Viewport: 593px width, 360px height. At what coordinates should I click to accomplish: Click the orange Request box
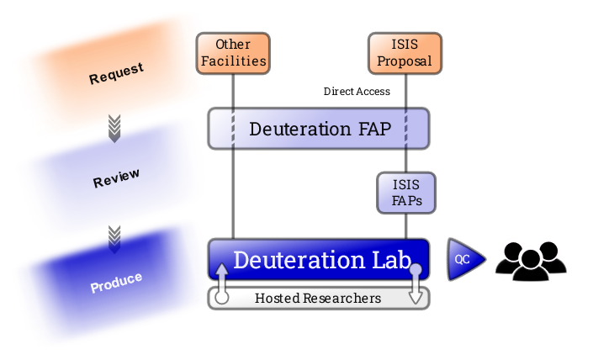(x=114, y=74)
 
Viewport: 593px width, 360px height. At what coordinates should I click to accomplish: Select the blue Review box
(x=114, y=176)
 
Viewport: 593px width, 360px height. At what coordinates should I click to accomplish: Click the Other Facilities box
(x=233, y=53)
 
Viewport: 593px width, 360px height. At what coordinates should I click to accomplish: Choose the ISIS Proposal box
(x=405, y=53)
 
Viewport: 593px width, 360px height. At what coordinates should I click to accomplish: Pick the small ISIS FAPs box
(x=407, y=193)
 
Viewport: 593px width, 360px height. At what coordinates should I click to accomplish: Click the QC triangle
(x=464, y=260)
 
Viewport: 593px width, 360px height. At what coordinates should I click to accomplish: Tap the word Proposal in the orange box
(x=405, y=61)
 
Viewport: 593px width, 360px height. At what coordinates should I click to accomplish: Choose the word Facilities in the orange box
(x=233, y=61)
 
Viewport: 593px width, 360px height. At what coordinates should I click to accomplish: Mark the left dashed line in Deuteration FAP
(x=234, y=129)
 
